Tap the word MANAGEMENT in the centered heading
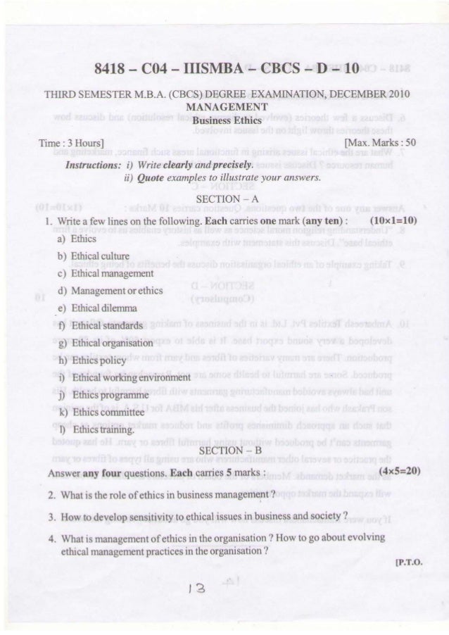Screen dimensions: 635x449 [224, 107]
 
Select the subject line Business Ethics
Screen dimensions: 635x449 [224, 120]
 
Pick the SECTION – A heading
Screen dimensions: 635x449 [224, 201]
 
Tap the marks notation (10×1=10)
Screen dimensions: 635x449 [394, 219]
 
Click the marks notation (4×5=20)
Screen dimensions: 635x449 [399, 469]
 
